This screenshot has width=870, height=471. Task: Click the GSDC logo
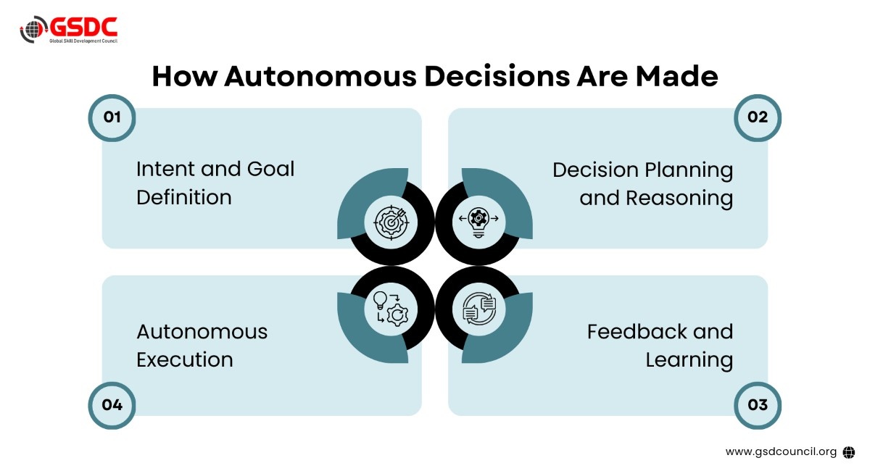click(68, 29)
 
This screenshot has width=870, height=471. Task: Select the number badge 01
click(112, 117)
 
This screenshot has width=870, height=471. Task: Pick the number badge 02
click(758, 117)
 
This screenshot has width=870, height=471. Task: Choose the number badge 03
click(758, 404)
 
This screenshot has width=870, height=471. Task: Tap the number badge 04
click(112, 404)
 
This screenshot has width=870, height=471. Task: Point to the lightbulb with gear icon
click(478, 221)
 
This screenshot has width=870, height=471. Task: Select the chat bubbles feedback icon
click(478, 308)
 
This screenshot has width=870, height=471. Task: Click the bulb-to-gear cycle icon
click(391, 308)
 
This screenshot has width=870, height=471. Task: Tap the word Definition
click(184, 197)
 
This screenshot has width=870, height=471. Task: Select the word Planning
click(689, 170)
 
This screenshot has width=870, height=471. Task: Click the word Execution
click(185, 359)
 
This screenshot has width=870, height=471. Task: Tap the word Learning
click(689, 359)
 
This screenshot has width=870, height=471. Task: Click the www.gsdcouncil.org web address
click(781, 451)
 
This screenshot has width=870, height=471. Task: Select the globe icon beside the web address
click(849, 451)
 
